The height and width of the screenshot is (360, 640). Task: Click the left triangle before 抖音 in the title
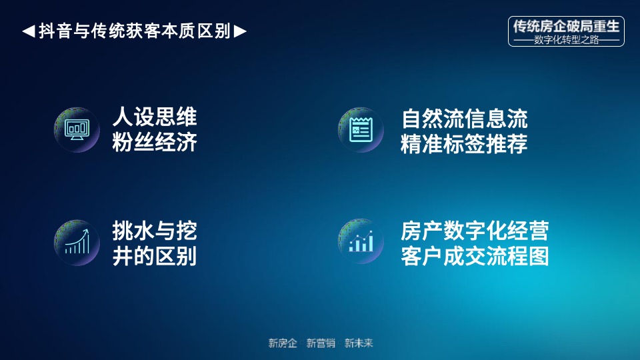[28, 31]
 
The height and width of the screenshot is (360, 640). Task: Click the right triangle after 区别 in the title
[241, 31]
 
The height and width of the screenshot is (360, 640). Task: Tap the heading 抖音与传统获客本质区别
[134, 31]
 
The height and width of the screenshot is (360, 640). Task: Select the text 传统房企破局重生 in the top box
[566, 26]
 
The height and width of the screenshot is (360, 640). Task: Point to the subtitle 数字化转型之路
[566, 40]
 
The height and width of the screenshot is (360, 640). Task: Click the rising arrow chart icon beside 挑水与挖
[77, 241]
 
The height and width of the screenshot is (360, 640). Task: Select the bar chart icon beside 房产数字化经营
[361, 241]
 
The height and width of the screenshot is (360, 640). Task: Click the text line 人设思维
[155, 118]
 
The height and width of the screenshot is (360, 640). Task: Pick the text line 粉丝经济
[155, 142]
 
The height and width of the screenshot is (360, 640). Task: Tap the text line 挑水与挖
[155, 231]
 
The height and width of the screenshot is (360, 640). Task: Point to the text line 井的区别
[155, 256]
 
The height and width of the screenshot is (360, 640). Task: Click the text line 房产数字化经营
[475, 231]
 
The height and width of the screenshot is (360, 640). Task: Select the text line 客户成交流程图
[475, 256]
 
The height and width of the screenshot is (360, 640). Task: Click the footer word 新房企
[283, 343]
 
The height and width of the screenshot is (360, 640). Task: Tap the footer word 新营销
[321, 343]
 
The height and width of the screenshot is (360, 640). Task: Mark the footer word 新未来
[359, 343]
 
